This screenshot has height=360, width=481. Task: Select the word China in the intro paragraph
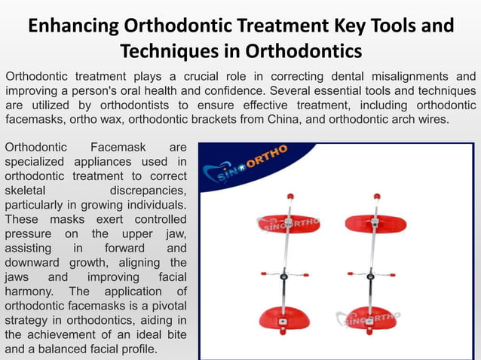coord(288,118)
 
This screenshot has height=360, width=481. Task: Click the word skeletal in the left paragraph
coord(25,190)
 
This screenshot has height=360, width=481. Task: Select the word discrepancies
coord(149,190)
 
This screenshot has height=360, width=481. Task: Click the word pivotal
coord(164,305)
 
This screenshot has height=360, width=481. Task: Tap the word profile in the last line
coord(139,349)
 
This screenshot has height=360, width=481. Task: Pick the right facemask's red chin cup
coord(375,318)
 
